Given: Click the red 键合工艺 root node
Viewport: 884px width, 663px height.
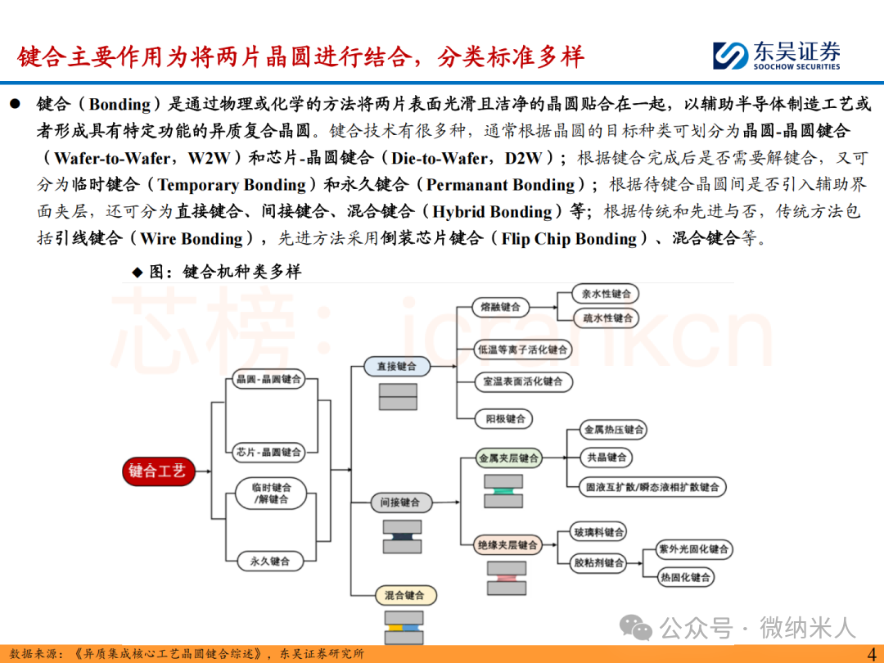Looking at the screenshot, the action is [157, 471].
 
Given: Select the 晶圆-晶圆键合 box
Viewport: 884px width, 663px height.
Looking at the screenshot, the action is [268, 380].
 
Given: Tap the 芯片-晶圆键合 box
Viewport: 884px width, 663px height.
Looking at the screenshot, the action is [268, 452].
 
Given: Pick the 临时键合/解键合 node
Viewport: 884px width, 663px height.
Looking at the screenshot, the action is [271, 493].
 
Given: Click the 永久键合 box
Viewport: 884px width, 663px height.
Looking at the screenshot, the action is [269, 562].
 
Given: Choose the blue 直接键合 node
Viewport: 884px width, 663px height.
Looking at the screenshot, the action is [396, 367].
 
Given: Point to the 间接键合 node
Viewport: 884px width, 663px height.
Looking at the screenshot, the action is [399, 503].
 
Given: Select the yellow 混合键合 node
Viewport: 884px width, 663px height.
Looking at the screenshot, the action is [404, 595].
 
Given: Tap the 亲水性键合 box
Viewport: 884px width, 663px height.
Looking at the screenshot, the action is [607, 294].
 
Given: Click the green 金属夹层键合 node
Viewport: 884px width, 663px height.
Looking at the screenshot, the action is [508, 458].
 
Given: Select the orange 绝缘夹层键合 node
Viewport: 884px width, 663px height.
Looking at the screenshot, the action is [508, 544].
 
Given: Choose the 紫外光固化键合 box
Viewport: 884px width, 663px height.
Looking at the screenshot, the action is [694, 549].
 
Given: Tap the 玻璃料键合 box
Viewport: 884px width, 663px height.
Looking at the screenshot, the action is [599, 532].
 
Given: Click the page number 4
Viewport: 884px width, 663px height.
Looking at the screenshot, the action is [869, 652].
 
